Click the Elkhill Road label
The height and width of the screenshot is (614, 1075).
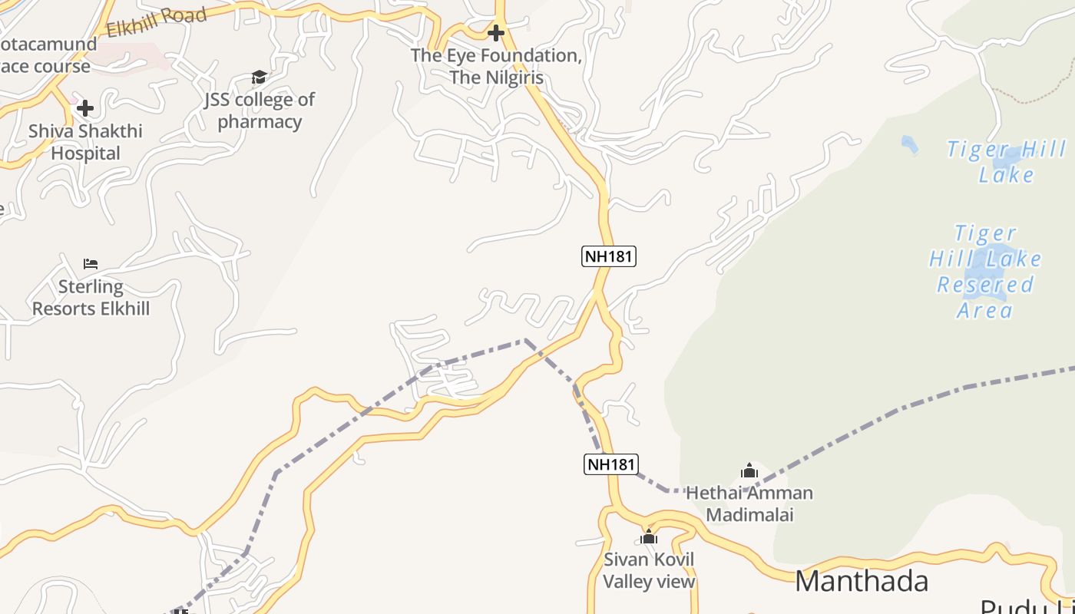[157, 22]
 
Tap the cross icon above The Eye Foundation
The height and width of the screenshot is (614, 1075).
[497, 33]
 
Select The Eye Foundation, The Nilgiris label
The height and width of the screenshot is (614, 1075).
[496, 67]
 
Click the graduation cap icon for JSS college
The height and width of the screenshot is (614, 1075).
[260, 77]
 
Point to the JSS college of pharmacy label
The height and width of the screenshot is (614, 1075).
[260, 111]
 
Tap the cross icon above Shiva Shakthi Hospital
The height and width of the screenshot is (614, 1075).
[85, 108]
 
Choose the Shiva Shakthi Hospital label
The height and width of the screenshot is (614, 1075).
[85, 142]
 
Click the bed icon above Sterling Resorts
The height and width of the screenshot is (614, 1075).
[91, 264]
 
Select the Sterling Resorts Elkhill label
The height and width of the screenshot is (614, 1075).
[91, 298]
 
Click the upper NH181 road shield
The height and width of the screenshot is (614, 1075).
[609, 256]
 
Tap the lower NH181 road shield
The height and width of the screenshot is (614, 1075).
[611, 464]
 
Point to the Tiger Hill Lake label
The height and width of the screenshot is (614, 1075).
[1006, 162]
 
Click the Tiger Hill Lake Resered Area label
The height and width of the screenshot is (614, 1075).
[985, 272]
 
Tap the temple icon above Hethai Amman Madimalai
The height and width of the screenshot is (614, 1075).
[749, 470]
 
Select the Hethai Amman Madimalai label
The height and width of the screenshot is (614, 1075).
[749, 503]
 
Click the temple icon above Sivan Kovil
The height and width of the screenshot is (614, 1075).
[649, 536]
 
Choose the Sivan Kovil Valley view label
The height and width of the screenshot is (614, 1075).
[649, 570]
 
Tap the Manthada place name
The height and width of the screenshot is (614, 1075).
[862, 581]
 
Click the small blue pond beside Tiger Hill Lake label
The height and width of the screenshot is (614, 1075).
[909, 144]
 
